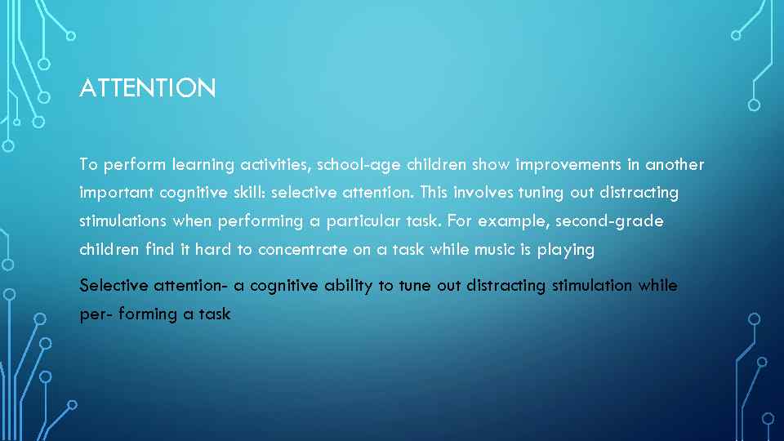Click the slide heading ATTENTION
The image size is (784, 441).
tap(148, 88)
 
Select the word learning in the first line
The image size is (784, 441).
tap(203, 165)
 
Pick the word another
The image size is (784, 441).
tap(675, 164)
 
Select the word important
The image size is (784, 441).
tap(114, 194)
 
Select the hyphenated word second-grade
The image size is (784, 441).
tap(610, 221)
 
